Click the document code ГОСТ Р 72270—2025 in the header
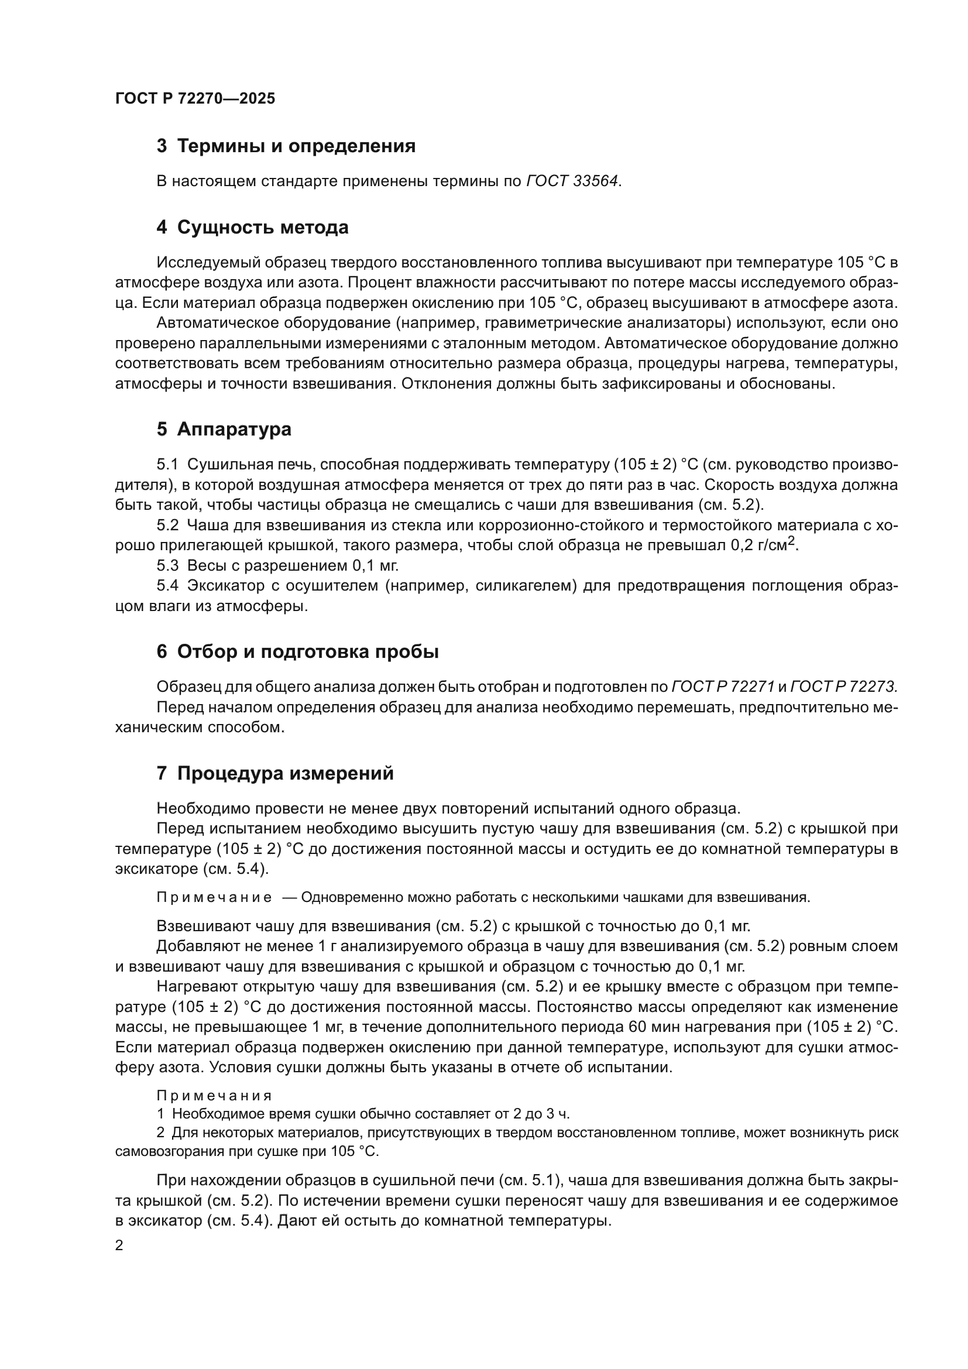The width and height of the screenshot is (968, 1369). pyautogui.click(x=195, y=98)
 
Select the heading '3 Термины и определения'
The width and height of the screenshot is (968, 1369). pyautogui.click(x=286, y=146)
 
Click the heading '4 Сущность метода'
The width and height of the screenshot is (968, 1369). pyautogui.click(x=253, y=227)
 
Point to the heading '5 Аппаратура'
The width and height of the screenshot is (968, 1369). pyautogui.click(x=224, y=429)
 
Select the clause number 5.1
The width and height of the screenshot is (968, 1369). pyautogui.click(x=167, y=465)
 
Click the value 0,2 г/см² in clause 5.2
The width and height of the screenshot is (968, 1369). pyautogui.click(x=764, y=544)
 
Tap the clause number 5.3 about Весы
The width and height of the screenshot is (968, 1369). pyautogui.click(x=167, y=565)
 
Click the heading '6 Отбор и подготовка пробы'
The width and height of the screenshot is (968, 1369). pyautogui.click(x=297, y=651)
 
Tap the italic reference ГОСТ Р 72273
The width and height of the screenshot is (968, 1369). pyautogui.click(x=843, y=687)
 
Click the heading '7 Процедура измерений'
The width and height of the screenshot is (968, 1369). pyautogui.click(x=276, y=773)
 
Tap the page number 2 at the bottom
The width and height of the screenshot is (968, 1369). pyautogui.click(x=119, y=1246)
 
